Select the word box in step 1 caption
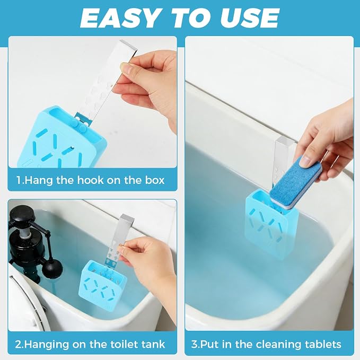(155, 180)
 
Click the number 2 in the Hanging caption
(18, 345)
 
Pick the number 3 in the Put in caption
(194, 345)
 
